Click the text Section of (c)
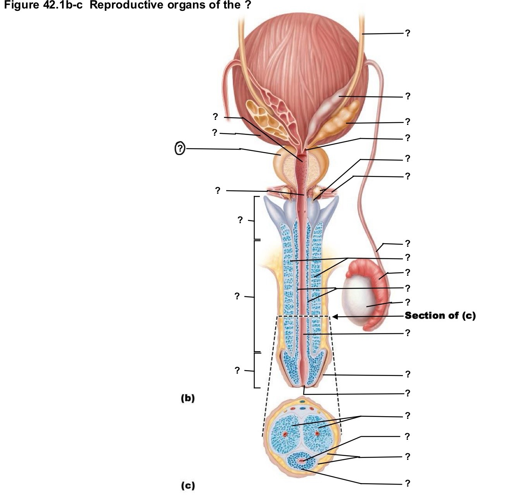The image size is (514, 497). pyautogui.click(x=440, y=316)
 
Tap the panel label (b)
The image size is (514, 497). pyautogui.click(x=188, y=398)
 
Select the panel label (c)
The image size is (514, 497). pyautogui.click(x=188, y=485)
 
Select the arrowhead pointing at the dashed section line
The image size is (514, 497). pyautogui.click(x=335, y=317)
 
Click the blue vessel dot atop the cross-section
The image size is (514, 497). pyautogui.click(x=303, y=408)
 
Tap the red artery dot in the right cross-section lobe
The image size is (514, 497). pyautogui.click(x=318, y=434)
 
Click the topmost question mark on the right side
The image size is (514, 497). pyautogui.click(x=407, y=33)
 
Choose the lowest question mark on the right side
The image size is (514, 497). pyautogui.click(x=407, y=483)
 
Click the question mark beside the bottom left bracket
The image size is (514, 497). pyautogui.click(x=237, y=371)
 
